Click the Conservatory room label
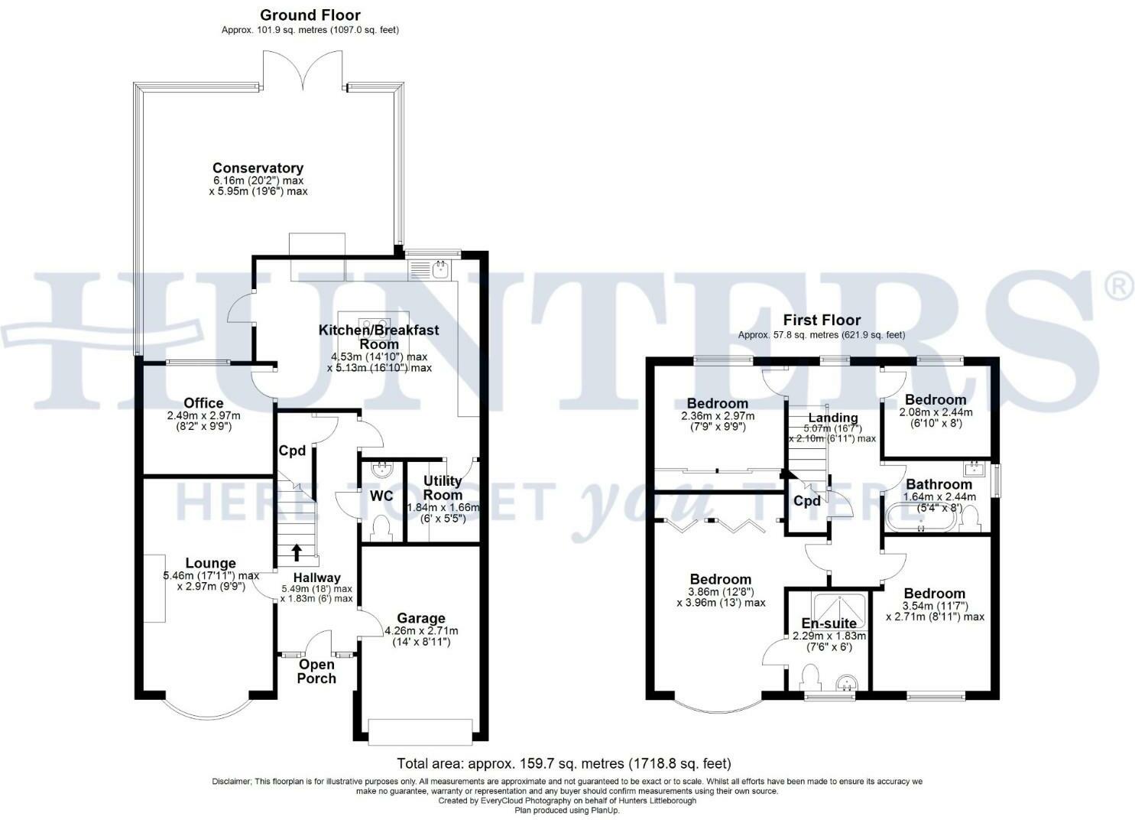(258, 168)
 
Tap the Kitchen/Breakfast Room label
(379, 337)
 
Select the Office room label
(204, 403)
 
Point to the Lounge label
(211, 564)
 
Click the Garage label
(421, 618)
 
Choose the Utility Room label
(443, 487)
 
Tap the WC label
(381, 496)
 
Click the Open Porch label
(316, 671)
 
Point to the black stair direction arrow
(297, 552)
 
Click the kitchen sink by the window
(432, 269)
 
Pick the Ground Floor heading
(310, 15)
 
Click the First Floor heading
(821, 321)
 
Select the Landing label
(833, 418)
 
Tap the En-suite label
(829, 623)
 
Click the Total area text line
(564, 763)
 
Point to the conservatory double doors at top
(303, 69)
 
